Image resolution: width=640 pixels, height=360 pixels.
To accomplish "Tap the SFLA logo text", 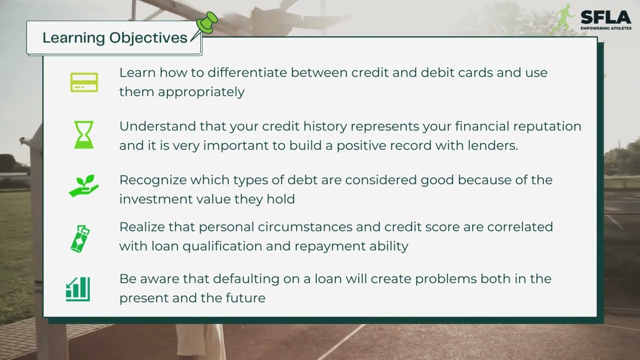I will (605, 17).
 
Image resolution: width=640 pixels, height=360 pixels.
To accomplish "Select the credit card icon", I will (84, 82).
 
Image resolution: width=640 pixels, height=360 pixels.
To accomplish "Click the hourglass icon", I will (84, 134).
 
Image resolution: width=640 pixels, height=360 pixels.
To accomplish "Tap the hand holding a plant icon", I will (83, 185).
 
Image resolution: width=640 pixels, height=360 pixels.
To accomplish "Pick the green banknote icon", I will (80, 239).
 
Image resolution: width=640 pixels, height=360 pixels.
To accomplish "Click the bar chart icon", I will (78, 289).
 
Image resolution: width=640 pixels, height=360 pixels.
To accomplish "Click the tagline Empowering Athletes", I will (605, 28).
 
